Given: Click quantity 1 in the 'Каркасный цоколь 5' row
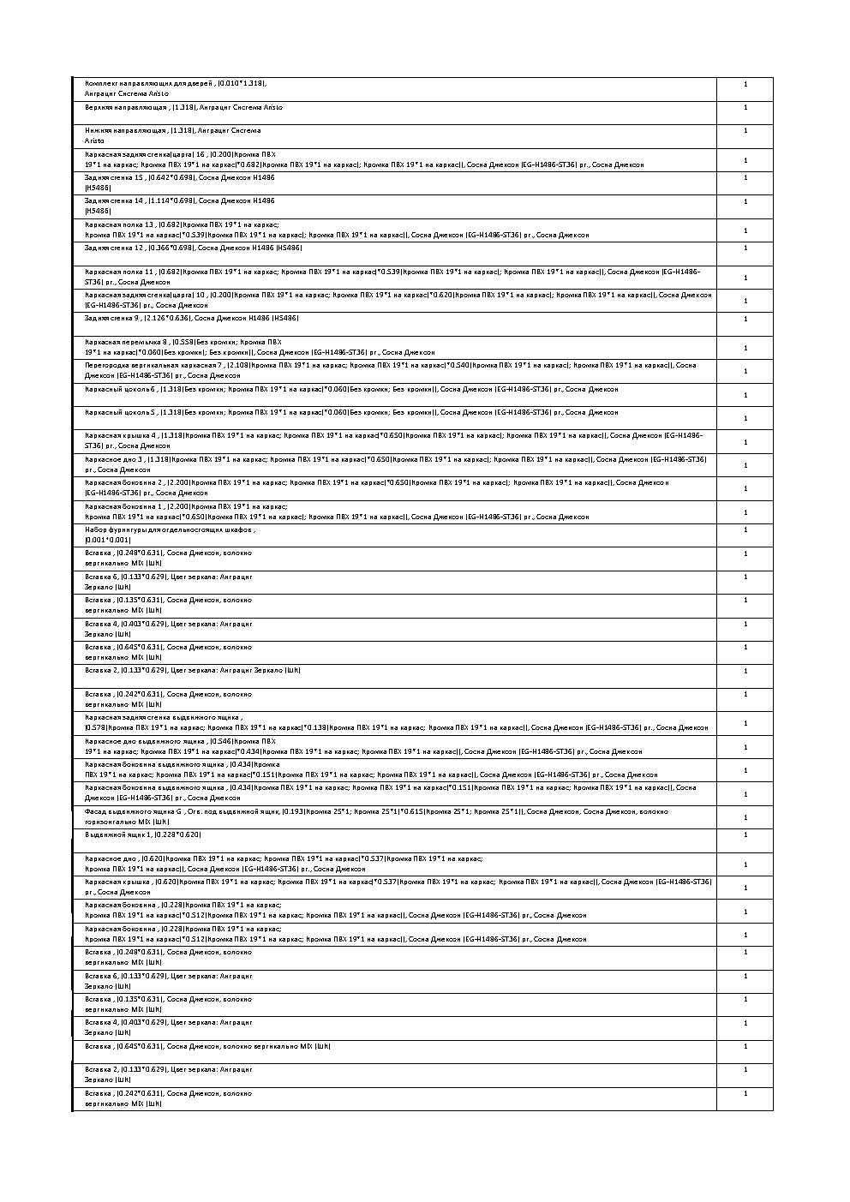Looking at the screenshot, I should (x=745, y=418).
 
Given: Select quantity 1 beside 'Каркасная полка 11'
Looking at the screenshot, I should (x=745, y=278).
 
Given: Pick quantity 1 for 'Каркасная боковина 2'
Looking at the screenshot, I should (x=745, y=488).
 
